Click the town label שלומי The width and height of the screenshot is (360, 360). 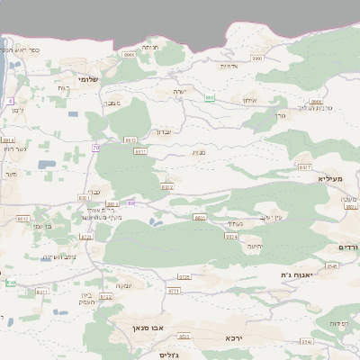click(x=88, y=79)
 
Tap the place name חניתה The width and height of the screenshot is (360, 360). click(x=149, y=47)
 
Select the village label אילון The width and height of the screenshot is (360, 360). click(x=248, y=100)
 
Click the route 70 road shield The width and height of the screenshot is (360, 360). click(x=95, y=147)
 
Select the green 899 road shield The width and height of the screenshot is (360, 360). click(x=209, y=97)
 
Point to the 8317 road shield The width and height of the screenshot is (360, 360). click(x=304, y=167)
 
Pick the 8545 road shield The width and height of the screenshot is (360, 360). click(x=332, y=266)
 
